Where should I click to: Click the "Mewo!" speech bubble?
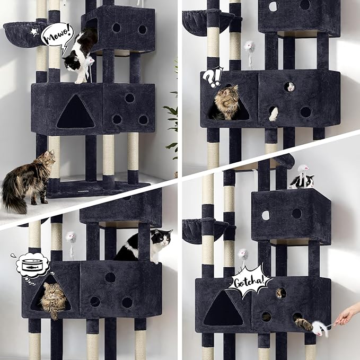click(x=57, y=37)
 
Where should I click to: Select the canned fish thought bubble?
click(x=32, y=267)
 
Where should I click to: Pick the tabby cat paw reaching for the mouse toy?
click(x=303, y=323)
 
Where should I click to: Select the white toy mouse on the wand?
click(x=320, y=328)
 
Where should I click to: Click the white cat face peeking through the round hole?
click(x=290, y=87)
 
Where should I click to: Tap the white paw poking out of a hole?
click(x=274, y=114)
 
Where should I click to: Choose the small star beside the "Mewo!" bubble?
click(x=34, y=32)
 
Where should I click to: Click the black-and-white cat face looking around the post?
click(x=161, y=238)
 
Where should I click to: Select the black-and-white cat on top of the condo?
click(x=302, y=181)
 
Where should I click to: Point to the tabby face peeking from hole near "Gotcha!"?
click(x=280, y=293)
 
